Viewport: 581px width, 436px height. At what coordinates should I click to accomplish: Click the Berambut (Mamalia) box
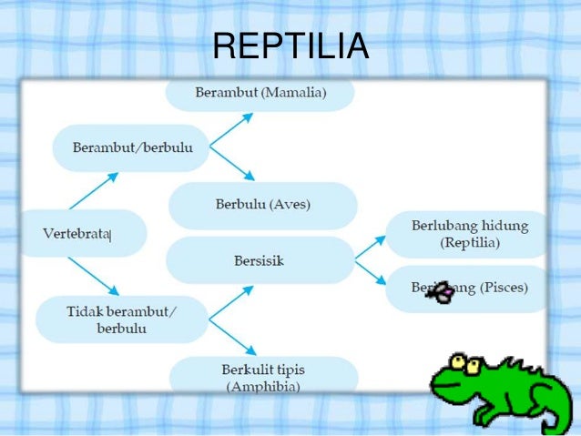(260, 93)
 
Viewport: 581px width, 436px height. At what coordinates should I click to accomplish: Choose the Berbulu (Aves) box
(262, 205)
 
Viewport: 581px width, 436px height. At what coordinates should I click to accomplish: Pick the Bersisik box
(260, 261)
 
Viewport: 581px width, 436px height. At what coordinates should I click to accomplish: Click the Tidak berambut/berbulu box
(122, 319)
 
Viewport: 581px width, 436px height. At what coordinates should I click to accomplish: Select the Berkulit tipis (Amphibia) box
(263, 377)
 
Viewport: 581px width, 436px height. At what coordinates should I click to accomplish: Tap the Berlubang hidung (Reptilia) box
(469, 235)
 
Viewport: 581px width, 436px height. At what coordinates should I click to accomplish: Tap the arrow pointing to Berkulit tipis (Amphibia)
(232, 335)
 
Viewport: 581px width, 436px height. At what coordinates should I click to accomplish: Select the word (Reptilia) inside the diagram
(470, 243)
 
